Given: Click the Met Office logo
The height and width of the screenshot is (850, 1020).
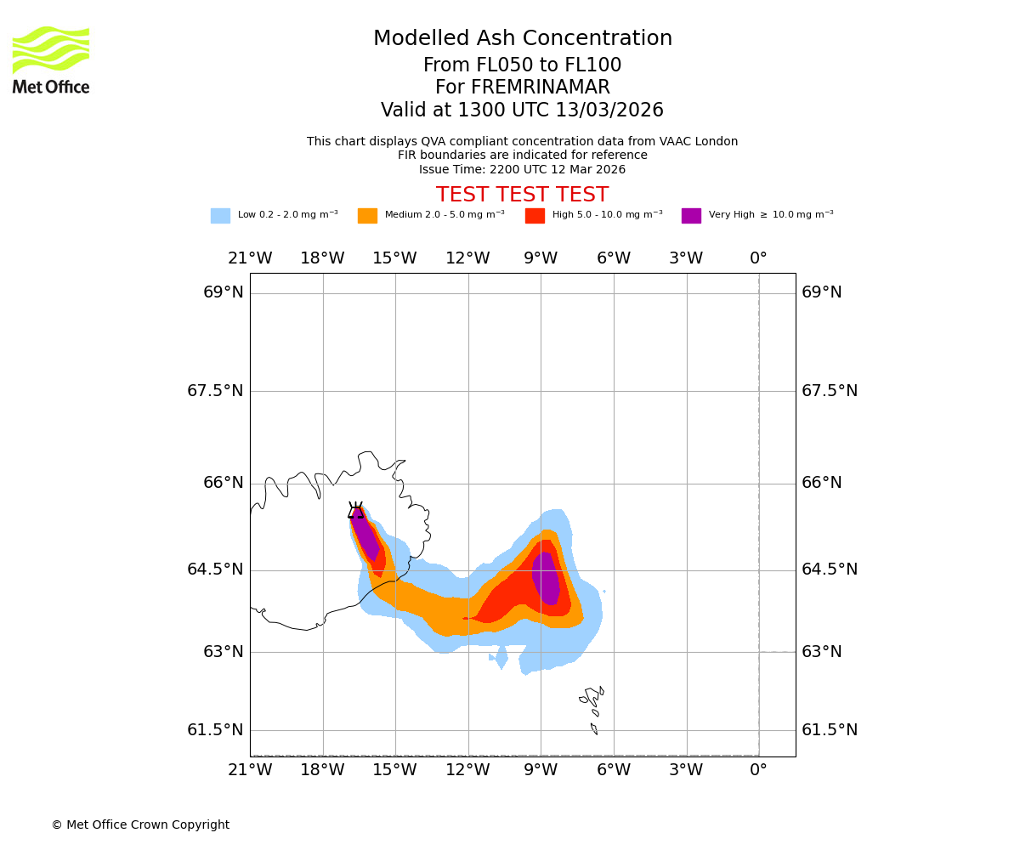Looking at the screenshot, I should point(51,59).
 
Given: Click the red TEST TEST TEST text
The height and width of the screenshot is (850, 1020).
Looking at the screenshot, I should point(522,195).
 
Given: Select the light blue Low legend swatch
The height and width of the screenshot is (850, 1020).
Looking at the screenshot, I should point(220,216).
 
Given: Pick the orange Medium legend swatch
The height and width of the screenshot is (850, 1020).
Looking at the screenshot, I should point(367,216).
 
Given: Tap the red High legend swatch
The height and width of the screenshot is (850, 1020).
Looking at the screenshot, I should point(535,216).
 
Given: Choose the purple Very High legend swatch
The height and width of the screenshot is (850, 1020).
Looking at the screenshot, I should point(691,216).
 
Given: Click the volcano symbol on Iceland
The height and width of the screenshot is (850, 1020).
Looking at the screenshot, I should point(356,510).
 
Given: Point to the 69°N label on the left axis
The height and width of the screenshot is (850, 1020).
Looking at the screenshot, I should point(224,292).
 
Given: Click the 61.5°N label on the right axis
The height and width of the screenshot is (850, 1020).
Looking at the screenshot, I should point(830,729).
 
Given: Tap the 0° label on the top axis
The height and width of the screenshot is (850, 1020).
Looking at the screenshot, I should point(758,258).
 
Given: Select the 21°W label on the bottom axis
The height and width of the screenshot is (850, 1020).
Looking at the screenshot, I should point(250,770).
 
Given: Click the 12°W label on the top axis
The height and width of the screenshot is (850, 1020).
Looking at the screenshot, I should point(467,258).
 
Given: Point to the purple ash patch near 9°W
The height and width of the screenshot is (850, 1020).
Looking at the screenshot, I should point(546,578).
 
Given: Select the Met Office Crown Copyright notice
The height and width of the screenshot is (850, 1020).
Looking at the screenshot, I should point(140,824).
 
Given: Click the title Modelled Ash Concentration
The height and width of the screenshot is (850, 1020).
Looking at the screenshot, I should point(522,38).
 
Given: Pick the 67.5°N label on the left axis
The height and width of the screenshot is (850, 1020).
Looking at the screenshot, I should point(215,390).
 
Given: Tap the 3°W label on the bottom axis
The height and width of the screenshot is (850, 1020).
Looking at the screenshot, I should point(686,770).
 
